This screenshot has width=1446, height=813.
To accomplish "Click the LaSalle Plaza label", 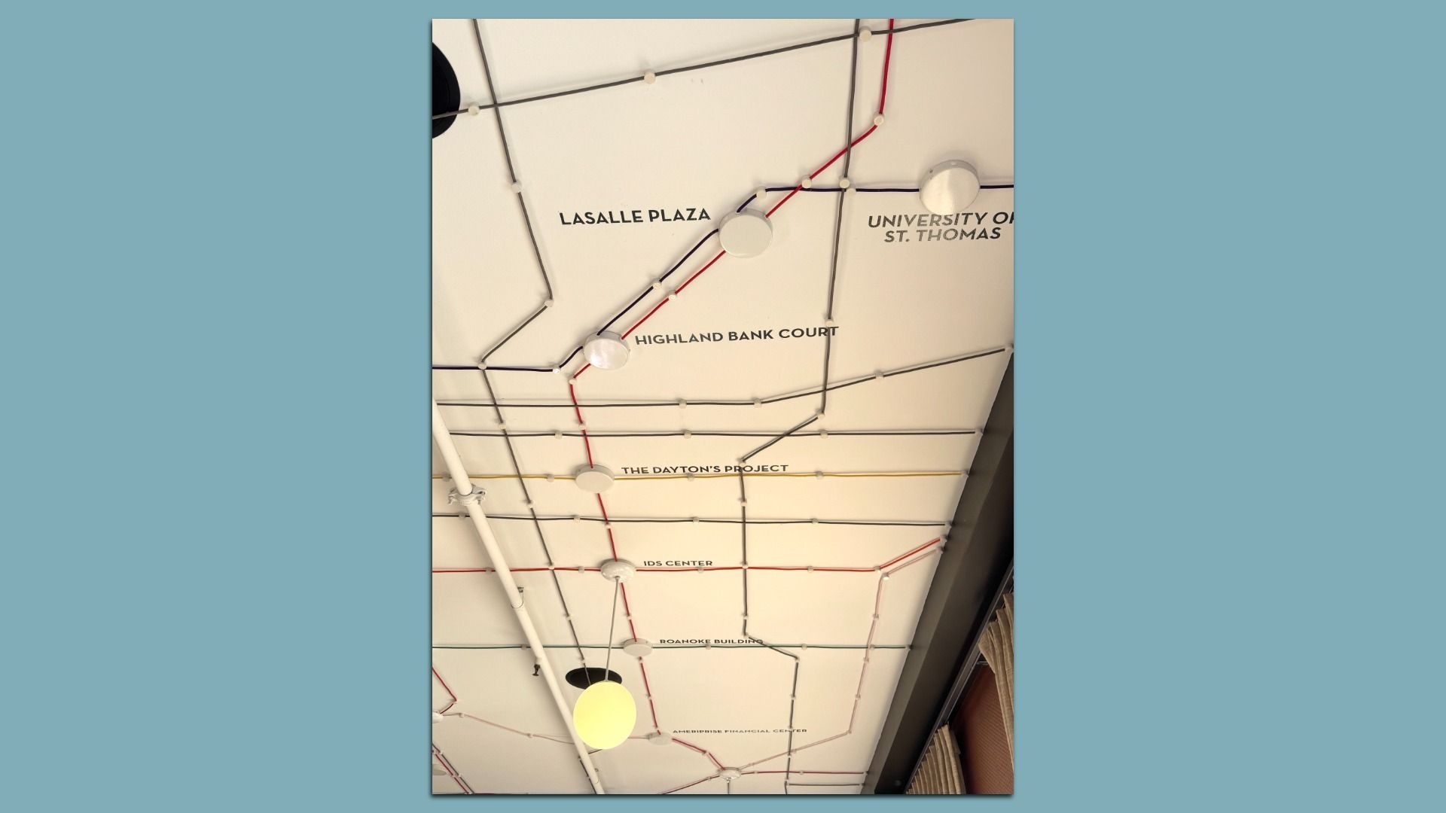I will tap(634, 217).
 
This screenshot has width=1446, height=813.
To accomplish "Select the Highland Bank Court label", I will tap(736, 336).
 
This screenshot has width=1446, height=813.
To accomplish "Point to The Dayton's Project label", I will tap(704, 469).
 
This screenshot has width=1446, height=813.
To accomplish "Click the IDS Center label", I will tap(678, 563).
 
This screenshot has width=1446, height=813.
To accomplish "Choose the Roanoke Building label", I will tap(710, 641).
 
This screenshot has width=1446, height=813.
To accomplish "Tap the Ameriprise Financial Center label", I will tap(739, 731).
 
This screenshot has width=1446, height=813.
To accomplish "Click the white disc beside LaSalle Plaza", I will tap(746, 233).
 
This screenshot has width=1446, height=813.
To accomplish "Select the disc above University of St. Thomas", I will tap(950, 186).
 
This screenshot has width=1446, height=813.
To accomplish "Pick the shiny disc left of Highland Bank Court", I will tap(607, 351).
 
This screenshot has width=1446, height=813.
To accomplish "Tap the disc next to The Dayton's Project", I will tap(595, 477).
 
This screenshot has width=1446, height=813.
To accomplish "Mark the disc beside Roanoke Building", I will tap(636, 646).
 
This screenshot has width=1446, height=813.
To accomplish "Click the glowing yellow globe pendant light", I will tap(604, 714).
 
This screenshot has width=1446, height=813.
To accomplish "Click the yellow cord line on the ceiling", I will tap(866, 475).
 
